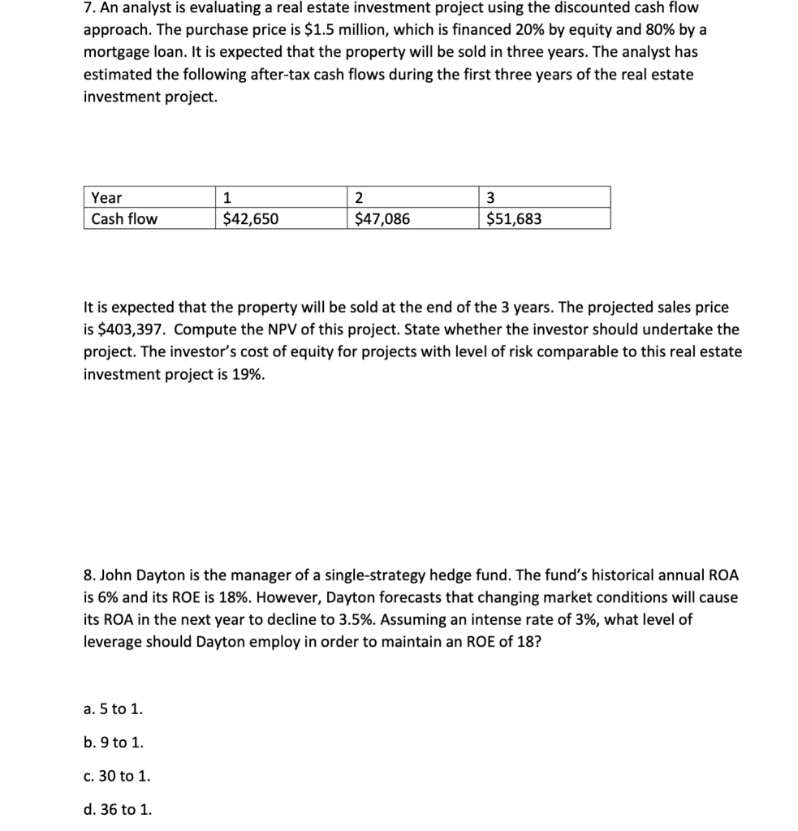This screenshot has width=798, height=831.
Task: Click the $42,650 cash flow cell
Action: [x=250, y=219]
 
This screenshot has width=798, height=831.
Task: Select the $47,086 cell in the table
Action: [x=382, y=219]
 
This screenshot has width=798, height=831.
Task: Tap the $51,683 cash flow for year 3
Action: [x=514, y=219]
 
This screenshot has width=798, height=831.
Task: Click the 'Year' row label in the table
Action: [x=107, y=198]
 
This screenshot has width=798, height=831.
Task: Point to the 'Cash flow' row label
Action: [x=124, y=219]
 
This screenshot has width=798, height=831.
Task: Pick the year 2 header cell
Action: [x=360, y=198]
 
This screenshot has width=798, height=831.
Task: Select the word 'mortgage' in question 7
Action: [x=115, y=50]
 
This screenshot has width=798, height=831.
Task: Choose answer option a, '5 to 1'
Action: [x=113, y=708]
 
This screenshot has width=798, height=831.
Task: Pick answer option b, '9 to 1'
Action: [x=114, y=742]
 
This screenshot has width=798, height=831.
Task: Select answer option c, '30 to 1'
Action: [x=117, y=776]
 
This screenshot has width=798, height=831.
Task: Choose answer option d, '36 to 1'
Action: [x=117, y=809]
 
